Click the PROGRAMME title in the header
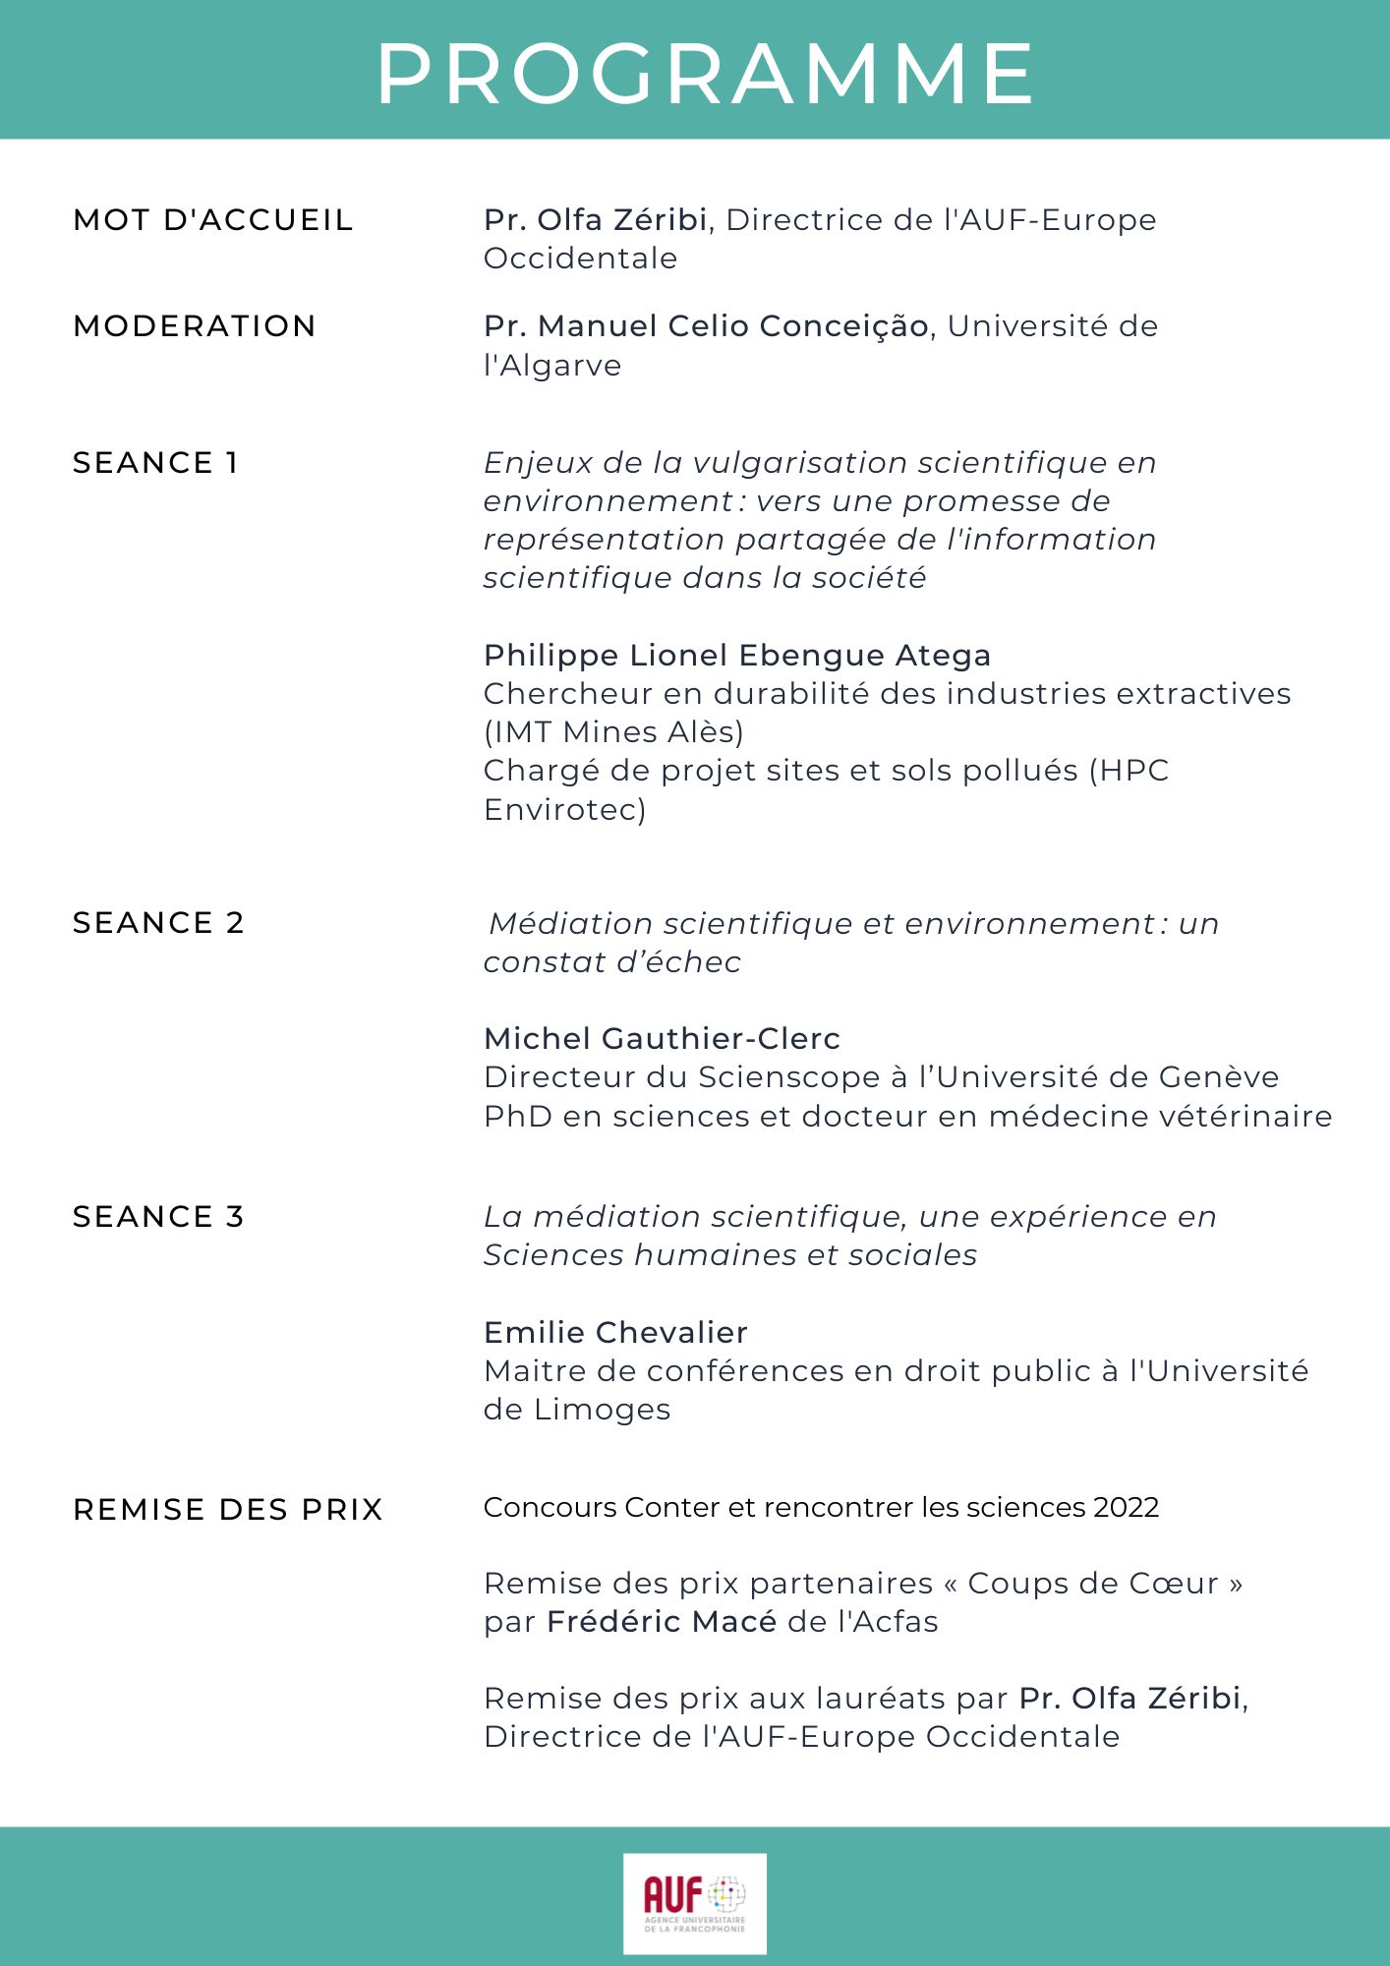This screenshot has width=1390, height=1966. click(705, 74)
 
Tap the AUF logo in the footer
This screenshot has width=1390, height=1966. click(694, 1903)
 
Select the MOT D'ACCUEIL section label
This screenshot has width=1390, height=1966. click(213, 220)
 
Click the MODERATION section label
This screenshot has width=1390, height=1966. click(195, 326)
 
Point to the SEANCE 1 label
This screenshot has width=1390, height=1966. click(156, 463)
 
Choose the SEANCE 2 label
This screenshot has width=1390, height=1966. click(158, 923)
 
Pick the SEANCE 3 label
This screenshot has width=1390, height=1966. click(158, 1217)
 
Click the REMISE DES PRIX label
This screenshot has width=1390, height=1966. click(228, 1510)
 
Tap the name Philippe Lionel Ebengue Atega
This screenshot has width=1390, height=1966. click(737, 656)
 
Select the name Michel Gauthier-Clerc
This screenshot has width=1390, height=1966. click(663, 1039)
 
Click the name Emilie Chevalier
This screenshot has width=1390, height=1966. click(616, 1333)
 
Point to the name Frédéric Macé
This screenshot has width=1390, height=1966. click(662, 1622)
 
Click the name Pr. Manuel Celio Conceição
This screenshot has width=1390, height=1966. click(706, 326)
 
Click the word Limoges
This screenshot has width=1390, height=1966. click(603, 1410)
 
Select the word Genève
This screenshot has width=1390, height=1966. click(1219, 1077)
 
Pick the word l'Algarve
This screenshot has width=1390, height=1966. click(552, 366)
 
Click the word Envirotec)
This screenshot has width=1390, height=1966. click(565, 810)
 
